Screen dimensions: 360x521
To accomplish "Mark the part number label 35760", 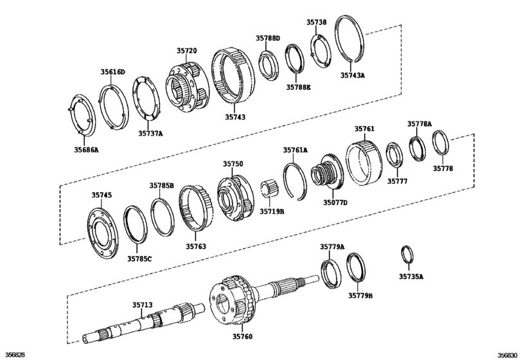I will coord(243,336).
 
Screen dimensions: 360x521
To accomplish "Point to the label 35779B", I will coord(360,295).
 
